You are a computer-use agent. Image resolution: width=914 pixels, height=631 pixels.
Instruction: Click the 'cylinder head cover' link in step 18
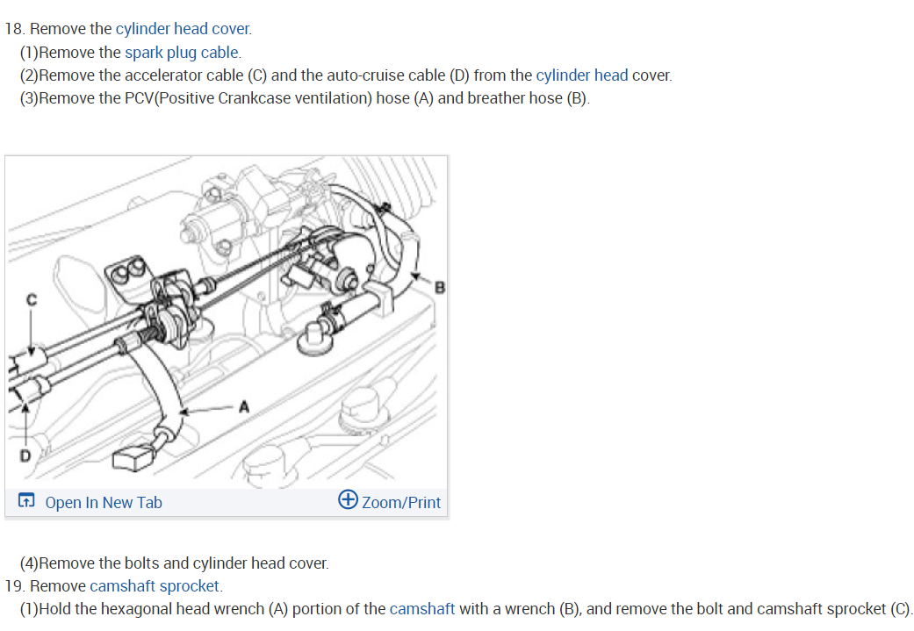[x=183, y=29]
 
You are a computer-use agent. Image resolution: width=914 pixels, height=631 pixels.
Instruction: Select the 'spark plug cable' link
[x=182, y=52]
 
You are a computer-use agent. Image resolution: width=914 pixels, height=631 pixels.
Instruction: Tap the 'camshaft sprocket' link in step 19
[x=155, y=585]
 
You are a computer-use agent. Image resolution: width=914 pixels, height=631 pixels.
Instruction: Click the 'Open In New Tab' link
[x=103, y=503]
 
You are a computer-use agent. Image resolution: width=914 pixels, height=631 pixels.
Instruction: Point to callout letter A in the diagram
[x=244, y=407]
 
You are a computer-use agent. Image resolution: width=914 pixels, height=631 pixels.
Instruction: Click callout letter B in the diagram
[x=440, y=287]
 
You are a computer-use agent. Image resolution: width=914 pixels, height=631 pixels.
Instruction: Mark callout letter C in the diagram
[x=32, y=299]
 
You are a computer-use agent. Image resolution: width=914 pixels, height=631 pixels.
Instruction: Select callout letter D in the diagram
[x=25, y=455]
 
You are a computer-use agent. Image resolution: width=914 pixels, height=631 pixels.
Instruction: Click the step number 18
[x=13, y=29]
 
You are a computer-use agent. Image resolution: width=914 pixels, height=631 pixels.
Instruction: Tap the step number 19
[x=13, y=585]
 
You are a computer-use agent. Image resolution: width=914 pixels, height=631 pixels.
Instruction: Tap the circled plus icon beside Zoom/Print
[x=348, y=500]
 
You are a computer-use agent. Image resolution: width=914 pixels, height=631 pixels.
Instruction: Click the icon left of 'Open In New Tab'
[x=27, y=502]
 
